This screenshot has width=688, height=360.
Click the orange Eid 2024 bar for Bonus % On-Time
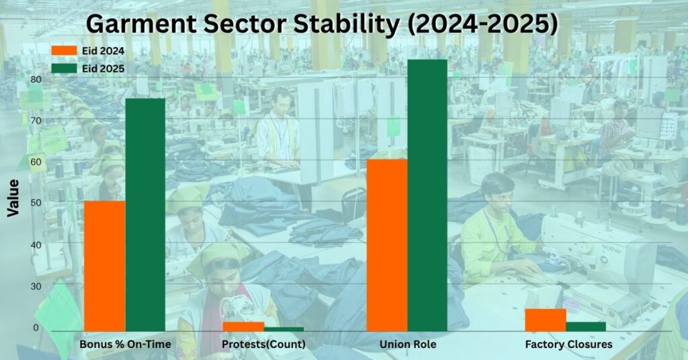pyautogui.click(x=104, y=266)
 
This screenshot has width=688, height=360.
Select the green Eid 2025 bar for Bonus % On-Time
pyautogui.click(x=145, y=214)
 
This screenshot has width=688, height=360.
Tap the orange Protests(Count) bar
pyautogui.click(x=243, y=326)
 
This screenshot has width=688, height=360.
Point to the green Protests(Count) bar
pyautogui.click(x=284, y=329)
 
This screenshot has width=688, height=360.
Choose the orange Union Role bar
pyautogui.click(x=387, y=245)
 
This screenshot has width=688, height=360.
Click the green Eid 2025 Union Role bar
pyautogui.click(x=427, y=195)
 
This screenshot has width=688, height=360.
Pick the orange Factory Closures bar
pyautogui.click(x=546, y=320)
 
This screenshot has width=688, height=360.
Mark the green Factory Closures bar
pyautogui.click(x=586, y=326)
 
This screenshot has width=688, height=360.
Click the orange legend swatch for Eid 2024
pyautogui.click(x=64, y=50)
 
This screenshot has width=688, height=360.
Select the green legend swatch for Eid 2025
pyautogui.click(x=64, y=69)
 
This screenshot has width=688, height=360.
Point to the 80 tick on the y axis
pyautogui.click(x=36, y=79)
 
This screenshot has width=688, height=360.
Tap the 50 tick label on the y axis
pyautogui.click(x=36, y=203)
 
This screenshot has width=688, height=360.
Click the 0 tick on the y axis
pyautogui.click(x=36, y=328)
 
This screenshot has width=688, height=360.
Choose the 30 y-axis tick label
pyautogui.click(x=36, y=286)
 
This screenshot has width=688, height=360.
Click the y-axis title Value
pyautogui.click(x=13, y=197)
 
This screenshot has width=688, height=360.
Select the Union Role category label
pyautogui.click(x=408, y=344)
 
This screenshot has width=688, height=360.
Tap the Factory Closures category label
pyautogui.click(x=568, y=344)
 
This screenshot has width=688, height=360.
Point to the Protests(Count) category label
pyautogui.click(x=263, y=344)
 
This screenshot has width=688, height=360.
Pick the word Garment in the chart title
pyautogui.click(x=141, y=25)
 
